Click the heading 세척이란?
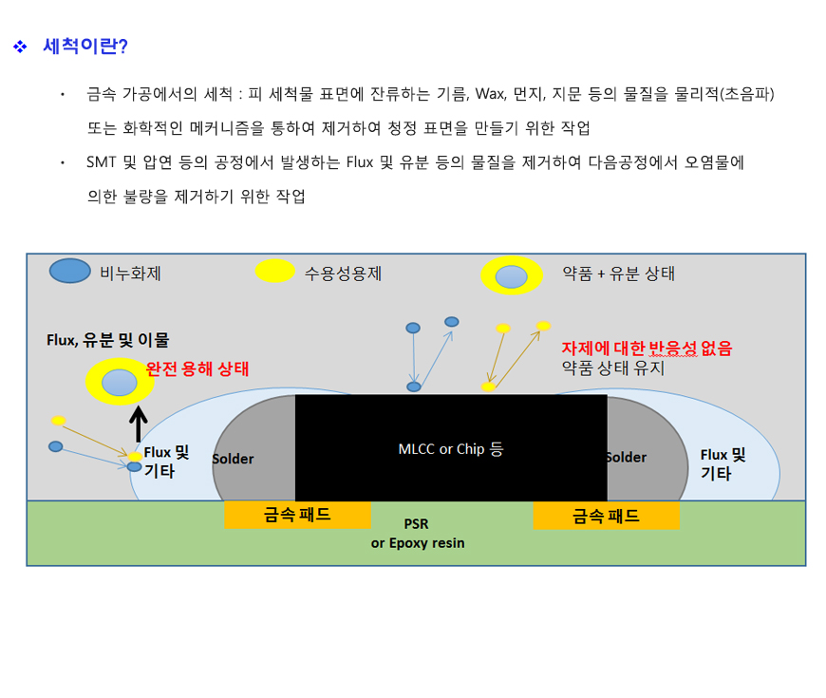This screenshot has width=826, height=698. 85,47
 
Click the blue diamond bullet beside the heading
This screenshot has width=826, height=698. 20,47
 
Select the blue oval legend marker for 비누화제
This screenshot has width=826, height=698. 69,271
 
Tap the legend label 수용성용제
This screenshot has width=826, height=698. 343,274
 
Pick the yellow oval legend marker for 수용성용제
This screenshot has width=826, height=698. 274,271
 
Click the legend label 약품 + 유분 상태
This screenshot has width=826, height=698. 618,274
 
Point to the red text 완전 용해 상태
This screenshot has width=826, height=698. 197,368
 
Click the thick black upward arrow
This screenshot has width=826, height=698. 138,424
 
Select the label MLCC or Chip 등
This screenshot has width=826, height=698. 451,449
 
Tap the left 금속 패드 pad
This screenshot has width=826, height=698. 297,515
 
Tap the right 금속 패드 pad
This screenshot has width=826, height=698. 607,516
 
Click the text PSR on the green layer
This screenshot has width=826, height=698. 416,524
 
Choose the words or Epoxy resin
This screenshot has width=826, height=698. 418,543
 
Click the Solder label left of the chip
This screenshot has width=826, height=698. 233,459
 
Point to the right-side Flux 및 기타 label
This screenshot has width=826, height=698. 723,464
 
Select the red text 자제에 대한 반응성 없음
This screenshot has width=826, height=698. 647,349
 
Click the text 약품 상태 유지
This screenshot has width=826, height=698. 613,368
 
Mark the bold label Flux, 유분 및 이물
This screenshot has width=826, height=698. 108,340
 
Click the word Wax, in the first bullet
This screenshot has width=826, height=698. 491,94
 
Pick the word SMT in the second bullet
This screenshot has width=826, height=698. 102,162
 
